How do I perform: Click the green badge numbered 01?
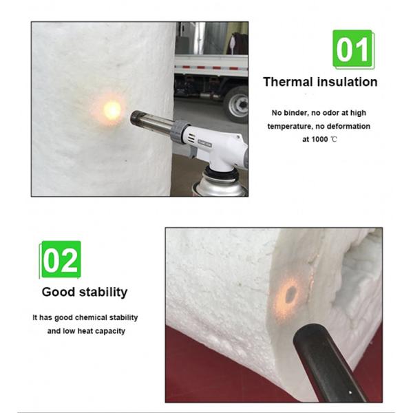pyautogui.click(x=353, y=50)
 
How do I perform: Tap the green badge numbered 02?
pyautogui.click(x=61, y=260)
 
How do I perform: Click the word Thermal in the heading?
pyautogui.click(x=288, y=82)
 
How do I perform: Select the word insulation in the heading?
pyautogui.click(x=348, y=82)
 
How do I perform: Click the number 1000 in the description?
pyautogui.click(x=319, y=139)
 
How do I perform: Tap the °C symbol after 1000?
pyautogui.click(x=334, y=139)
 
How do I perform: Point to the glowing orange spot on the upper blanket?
pyautogui.click(x=112, y=110)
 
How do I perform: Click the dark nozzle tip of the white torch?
pyautogui.click(x=137, y=118)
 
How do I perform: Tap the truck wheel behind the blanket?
pyautogui.click(x=237, y=105)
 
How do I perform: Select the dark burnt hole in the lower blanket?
pyautogui.click(x=290, y=295)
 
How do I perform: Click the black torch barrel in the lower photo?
pyautogui.click(x=326, y=363)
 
